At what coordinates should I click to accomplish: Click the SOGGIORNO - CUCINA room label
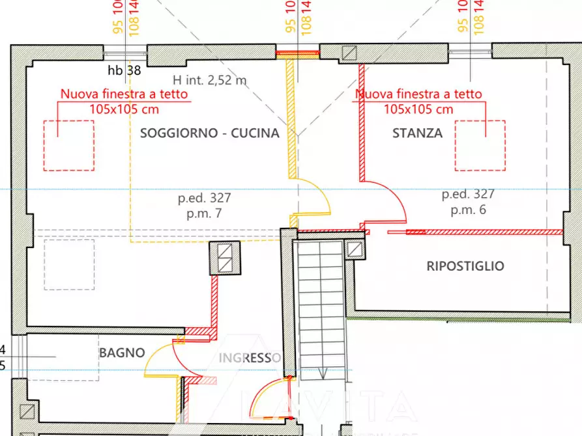(210, 133)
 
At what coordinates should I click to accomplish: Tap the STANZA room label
(417, 133)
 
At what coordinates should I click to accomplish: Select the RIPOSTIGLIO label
(465, 266)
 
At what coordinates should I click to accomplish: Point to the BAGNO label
(122, 353)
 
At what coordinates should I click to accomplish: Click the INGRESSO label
(249, 358)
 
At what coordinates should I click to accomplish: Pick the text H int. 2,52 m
(210, 81)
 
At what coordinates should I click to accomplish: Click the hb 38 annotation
(124, 70)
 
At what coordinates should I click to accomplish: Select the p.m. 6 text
(468, 210)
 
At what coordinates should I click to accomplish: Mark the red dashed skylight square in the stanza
(480, 145)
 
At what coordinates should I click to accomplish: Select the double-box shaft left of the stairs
(225, 258)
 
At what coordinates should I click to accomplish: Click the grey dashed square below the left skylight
(68, 264)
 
